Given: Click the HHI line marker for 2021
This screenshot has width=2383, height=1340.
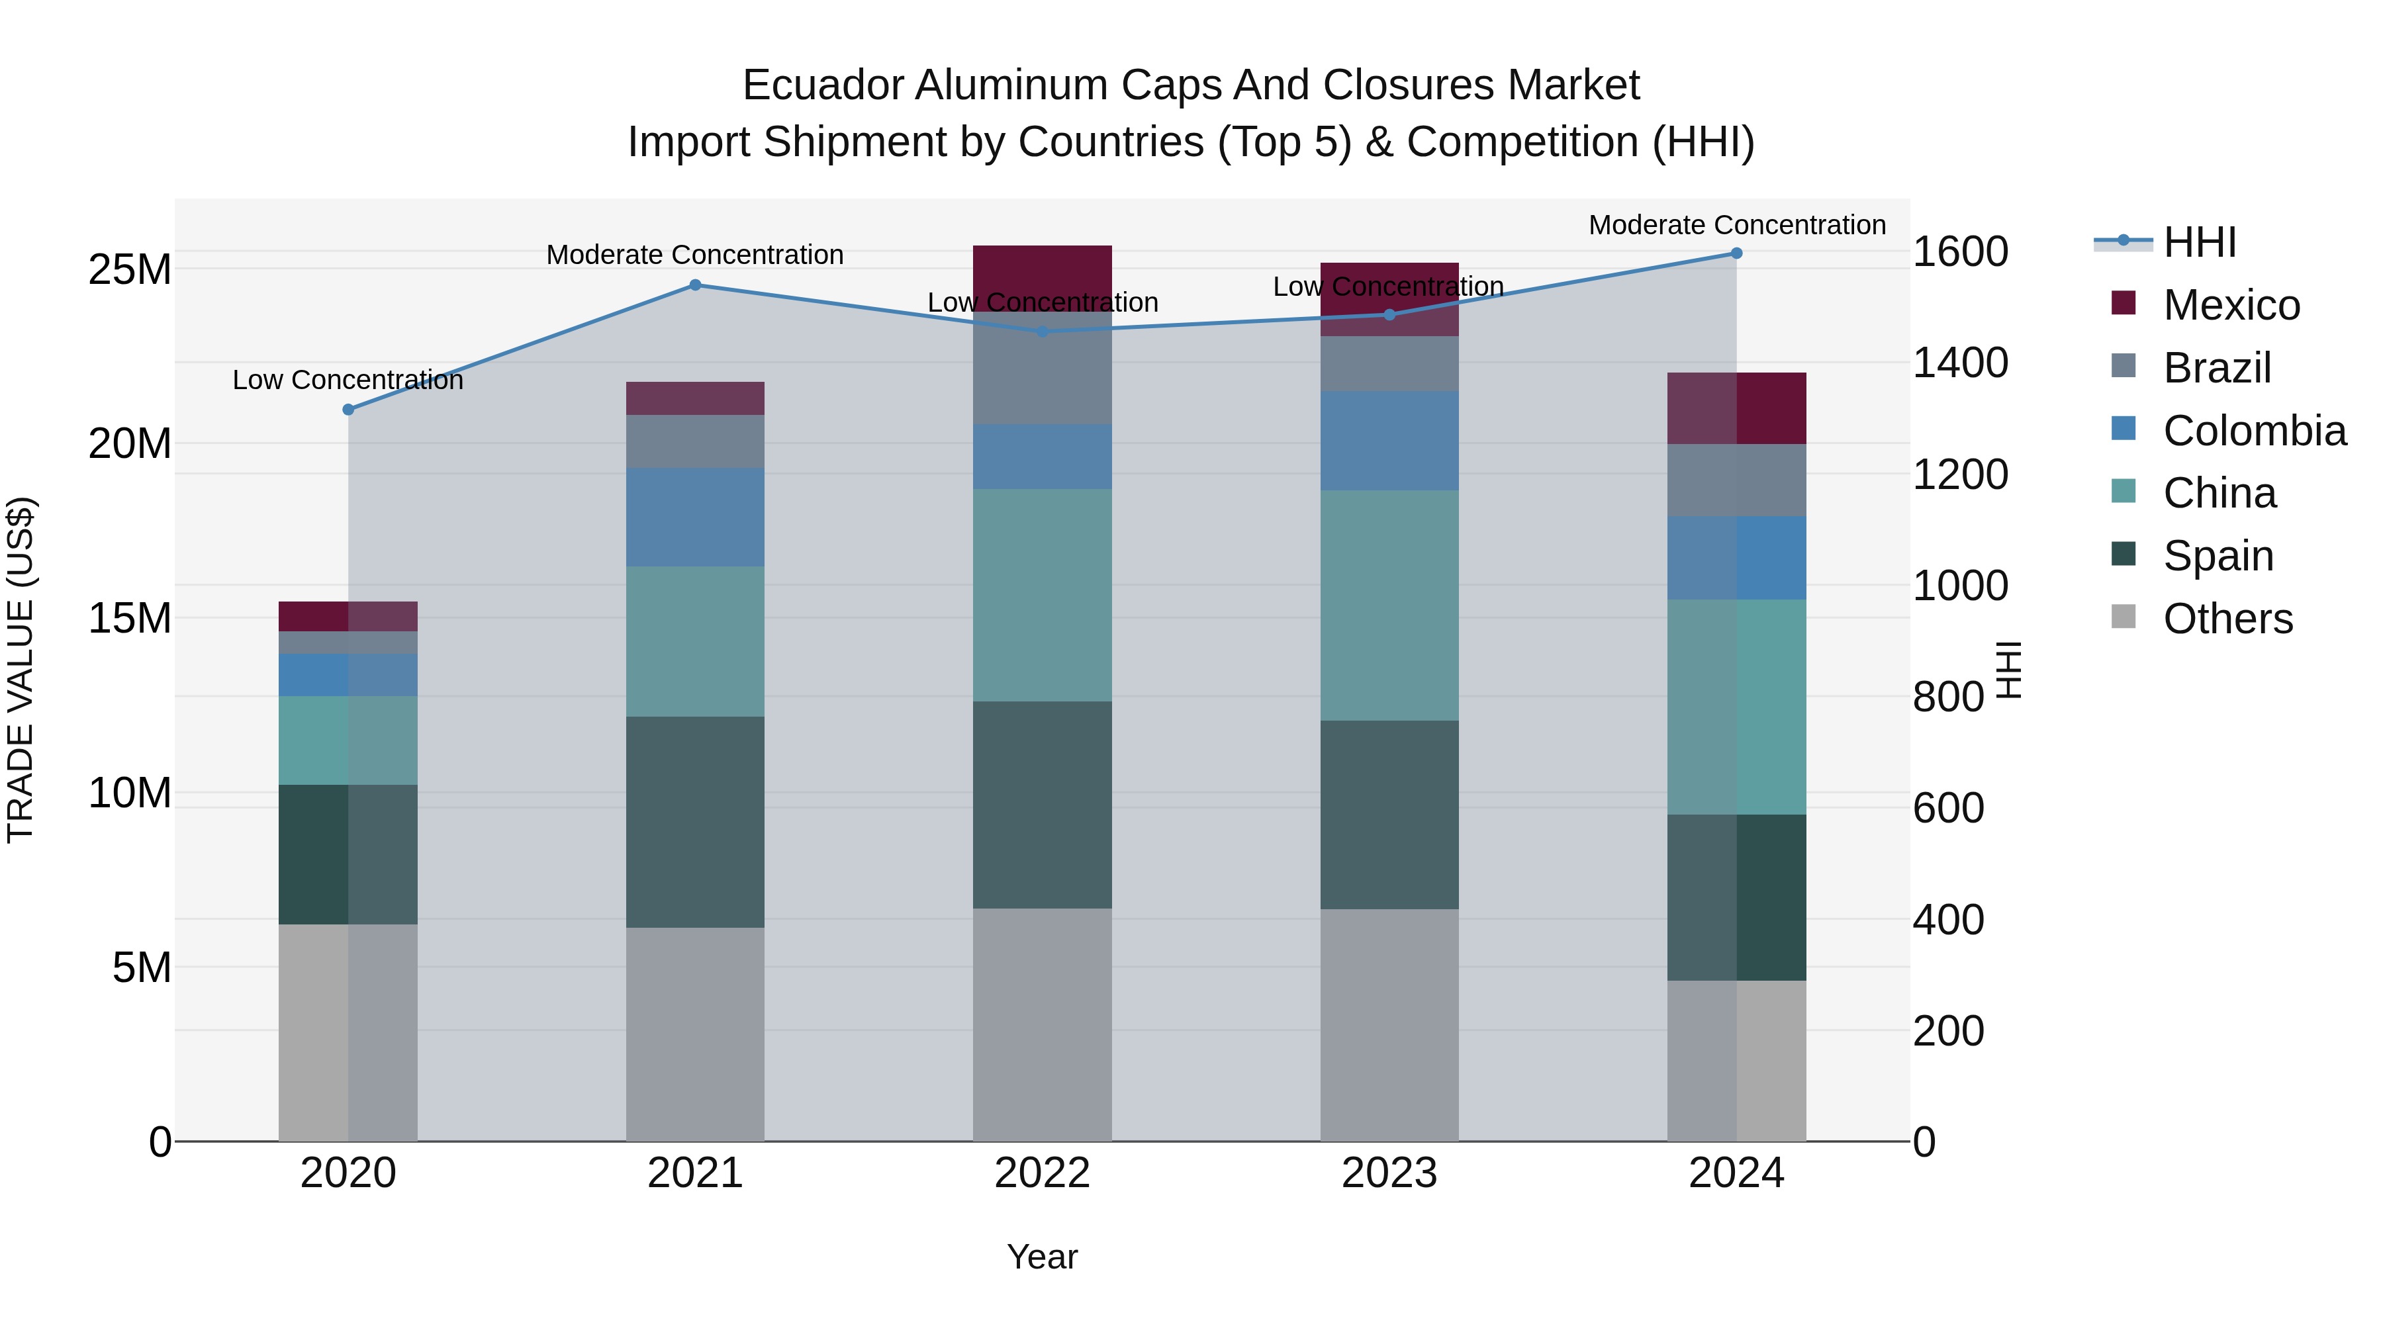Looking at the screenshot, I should click(x=696, y=285).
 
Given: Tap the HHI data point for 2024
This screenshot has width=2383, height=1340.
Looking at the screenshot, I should click(x=1736, y=253).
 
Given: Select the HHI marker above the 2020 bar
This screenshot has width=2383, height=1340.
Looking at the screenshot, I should click(x=349, y=410).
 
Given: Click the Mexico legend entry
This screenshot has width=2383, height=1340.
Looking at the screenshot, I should click(x=2230, y=305).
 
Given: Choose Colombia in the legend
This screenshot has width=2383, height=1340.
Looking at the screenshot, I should click(x=2253, y=431).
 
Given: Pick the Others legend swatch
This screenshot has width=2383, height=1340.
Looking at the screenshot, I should click(x=2124, y=617).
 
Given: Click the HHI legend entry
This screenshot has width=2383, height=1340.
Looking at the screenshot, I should click(x=2199, y=242).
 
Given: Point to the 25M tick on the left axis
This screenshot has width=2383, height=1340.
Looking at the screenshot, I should click(x=130, y=270).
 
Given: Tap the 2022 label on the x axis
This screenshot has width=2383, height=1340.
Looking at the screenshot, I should click(x=1043, y=1173).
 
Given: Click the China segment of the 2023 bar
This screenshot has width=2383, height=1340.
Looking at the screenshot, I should click(x=1389, y=605).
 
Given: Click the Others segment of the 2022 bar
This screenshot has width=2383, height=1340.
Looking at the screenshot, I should click(x=1043, y=1024).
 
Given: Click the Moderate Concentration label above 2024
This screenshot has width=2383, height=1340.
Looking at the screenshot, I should click(x=1736, y=225).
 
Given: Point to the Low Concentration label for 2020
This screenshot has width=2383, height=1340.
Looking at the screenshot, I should click(x=348, y=380).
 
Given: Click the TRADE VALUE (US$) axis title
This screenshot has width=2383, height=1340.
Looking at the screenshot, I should click(x=21, y=670).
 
